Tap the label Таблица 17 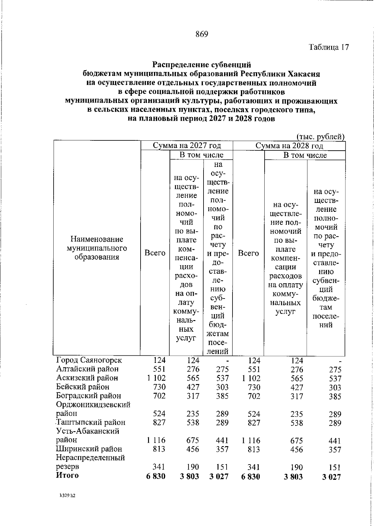tap(329, 47)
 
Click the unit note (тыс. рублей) tap(321, 137)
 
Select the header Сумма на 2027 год tap(187, 146)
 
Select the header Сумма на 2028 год tap(289, 146)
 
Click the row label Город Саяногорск tap(89, 360)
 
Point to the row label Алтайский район tap(87, 369)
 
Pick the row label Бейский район tap(83, 387)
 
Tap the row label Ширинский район tap(89, 449)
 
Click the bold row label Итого tap(67, 475)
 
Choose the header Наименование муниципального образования tap(97, 248)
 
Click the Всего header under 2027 tap(155, 253)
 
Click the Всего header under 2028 tap(248, 253)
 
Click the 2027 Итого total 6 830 tap(156, 476)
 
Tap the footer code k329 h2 tap(68, 495)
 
